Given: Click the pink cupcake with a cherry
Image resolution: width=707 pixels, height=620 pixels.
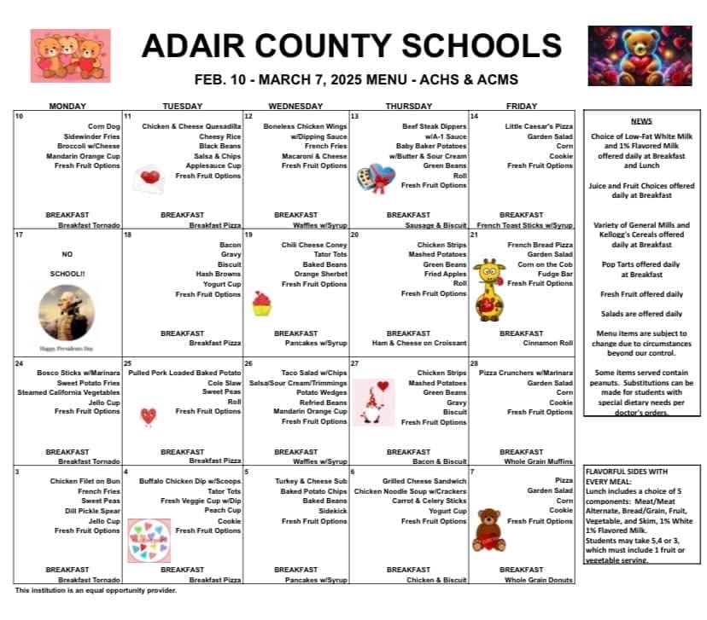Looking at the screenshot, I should click(x=261, y=304).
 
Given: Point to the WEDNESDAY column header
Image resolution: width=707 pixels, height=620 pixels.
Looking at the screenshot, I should click(x=296, y=107).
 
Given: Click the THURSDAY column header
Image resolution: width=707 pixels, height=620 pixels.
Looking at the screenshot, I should click(x=408, y=107).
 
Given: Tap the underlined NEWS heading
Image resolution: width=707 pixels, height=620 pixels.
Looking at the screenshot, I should click(x=641, y=122).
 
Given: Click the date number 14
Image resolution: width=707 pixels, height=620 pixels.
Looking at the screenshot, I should click(x=474, y=116).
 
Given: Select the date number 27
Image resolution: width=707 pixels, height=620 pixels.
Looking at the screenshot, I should click(x=354, y=363).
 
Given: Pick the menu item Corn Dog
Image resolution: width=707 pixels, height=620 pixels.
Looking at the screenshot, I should click(x=104, y=126).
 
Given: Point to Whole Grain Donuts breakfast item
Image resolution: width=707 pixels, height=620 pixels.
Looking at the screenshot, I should click(x=539, y=580).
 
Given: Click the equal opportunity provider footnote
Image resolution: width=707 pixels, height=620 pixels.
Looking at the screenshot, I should click(x=96, y=590).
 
